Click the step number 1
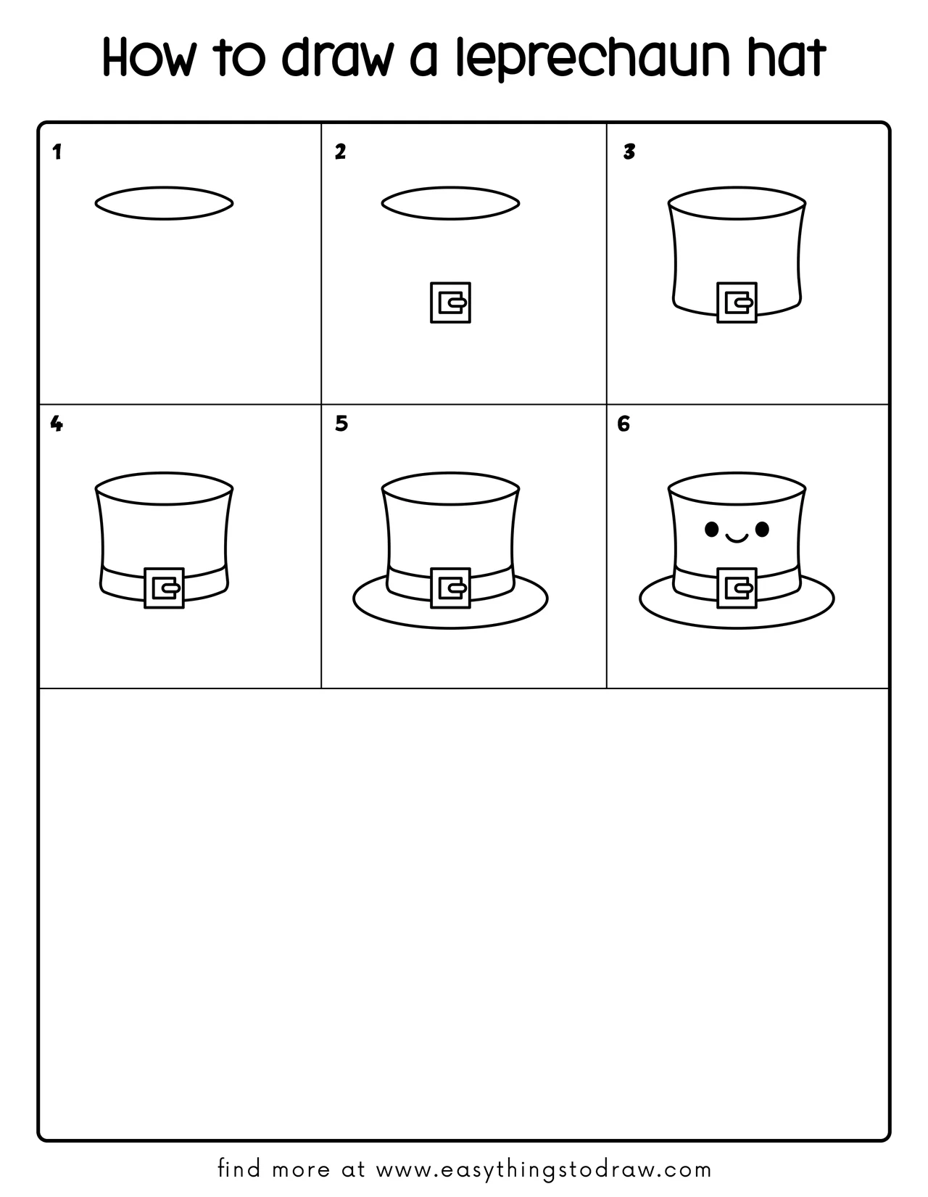click(57, 152)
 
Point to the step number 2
click(340, 152)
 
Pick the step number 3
click(629, 152)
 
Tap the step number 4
click(57, 424)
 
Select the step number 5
click(341, 424)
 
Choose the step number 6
click(623, 424)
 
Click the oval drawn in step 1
click(164, 202)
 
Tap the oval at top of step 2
click(450, 202)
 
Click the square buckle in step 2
click(450, 303)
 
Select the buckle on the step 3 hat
click(737, 303)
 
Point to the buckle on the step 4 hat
click(164, 588)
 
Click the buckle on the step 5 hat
click(450, 588)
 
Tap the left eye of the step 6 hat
click(712, 530)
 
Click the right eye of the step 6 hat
click(762, 530)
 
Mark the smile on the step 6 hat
click(737, 538)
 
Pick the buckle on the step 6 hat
click(737, 588)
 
